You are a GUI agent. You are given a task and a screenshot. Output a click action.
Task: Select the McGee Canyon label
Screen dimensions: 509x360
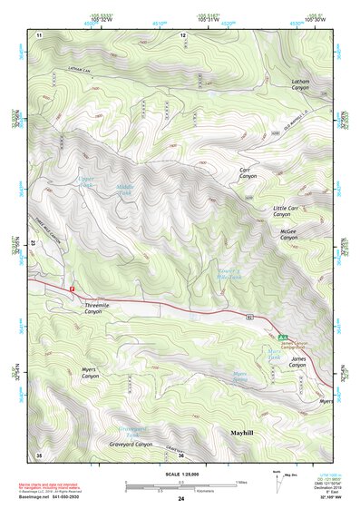(x=293, y=235)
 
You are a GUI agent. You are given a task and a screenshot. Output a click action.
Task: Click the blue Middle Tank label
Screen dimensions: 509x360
(x=126, y=191)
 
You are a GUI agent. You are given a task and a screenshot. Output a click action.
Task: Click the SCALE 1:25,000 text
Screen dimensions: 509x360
(x=180, y=473)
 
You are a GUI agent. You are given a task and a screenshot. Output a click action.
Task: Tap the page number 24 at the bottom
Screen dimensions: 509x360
(x=180, y=499)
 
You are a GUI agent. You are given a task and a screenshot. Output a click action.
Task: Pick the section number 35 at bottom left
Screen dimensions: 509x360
(x=38, y=454)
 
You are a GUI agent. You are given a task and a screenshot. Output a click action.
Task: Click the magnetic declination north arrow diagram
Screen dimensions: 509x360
(x=279, y=480)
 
